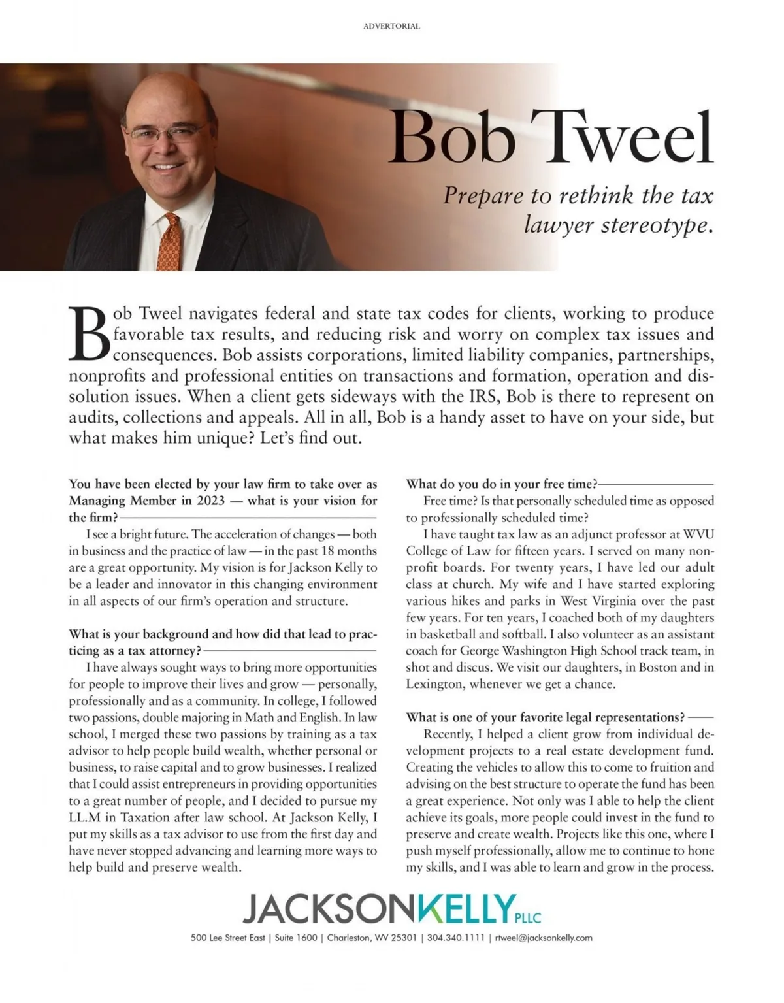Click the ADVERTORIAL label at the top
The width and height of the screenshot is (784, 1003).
pos(391,27)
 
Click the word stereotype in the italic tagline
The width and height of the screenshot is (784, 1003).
pos(654,225)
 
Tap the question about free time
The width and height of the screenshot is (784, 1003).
pos(502,484)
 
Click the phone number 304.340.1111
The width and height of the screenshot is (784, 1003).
pos(456,938)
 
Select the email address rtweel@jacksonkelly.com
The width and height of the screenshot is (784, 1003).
pos(544,938)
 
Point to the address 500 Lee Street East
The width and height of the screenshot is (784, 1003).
pos(227,938)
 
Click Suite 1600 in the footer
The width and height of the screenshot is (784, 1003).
pos(296,938)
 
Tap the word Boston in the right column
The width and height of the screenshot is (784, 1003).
pos(658,668)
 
